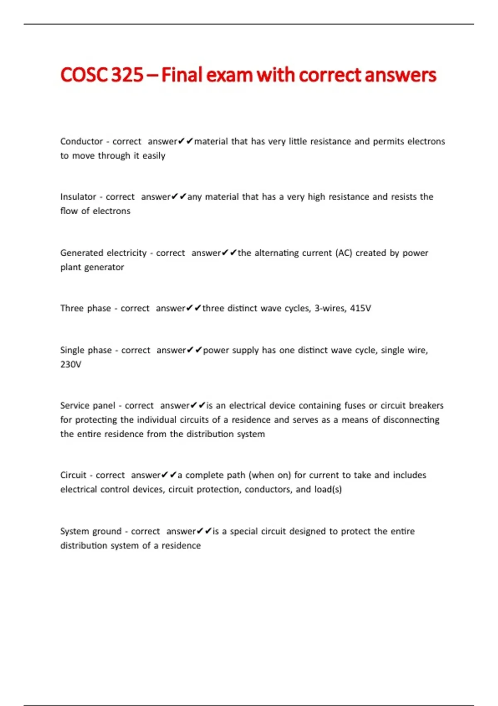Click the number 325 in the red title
coord(127,75)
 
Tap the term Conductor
coord(81,141)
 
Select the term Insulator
coord(78,196)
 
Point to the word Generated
coord(82,253)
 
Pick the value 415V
coord(360,308)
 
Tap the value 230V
coord(71,364)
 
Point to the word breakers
coord(426,405)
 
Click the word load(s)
coord(328,489)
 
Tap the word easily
coord(154,156)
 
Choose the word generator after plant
coord(104,267)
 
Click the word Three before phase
coord(72,308)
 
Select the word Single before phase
coord(72,350)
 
